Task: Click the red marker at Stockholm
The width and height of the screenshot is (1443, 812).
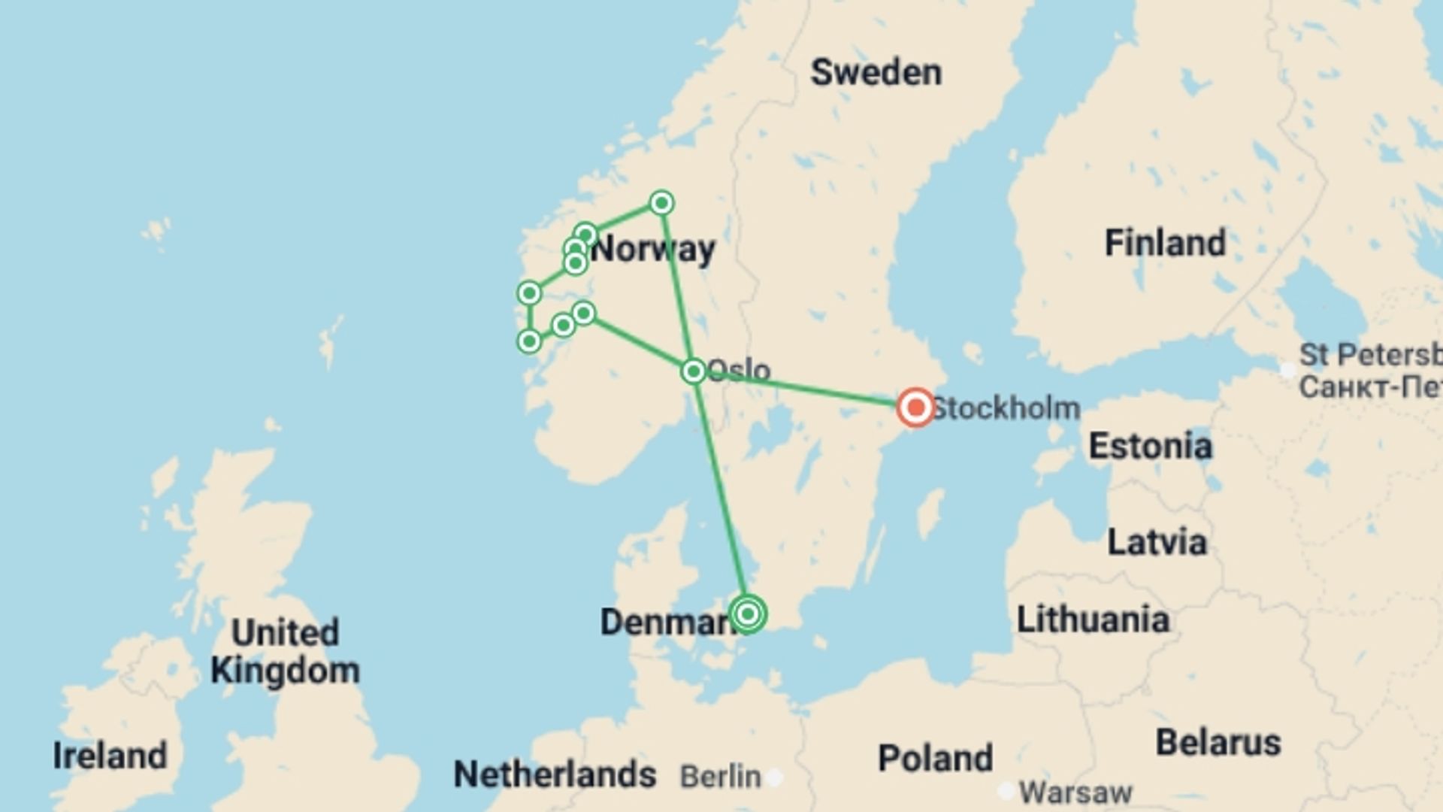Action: pos(915,408)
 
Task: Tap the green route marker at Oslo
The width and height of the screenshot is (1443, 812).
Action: pos(693,371)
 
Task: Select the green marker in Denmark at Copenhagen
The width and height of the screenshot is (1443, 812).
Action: pos(748,614)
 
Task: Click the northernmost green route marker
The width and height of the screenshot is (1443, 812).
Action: pos(661,203)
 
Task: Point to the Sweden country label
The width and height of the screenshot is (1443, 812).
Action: pos(876,73)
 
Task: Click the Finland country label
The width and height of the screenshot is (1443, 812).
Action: pos(1165,243)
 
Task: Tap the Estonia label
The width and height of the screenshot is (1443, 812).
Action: pos(1150,446)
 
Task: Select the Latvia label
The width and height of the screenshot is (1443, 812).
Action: pos(1157,542)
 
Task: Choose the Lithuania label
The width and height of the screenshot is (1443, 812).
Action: pos(1093,620)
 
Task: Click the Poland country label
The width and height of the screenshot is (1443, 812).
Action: pos(935,758)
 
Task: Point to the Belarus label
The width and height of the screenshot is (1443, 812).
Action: pos(1218,743)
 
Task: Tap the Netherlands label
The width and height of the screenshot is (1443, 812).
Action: pos(555,774)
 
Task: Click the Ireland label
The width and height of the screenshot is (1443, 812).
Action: pos(110,756)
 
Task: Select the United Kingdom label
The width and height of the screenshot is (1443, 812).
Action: pos(285,651)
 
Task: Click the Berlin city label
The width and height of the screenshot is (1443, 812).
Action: pos(720,777)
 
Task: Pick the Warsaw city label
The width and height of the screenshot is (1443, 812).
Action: pos(1075,792)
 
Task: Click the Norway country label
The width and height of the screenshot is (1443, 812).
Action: pos(654,249)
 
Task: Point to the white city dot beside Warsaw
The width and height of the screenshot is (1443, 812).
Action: pos(1006,791)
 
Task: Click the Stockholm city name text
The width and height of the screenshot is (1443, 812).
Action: pos(1006,408)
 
